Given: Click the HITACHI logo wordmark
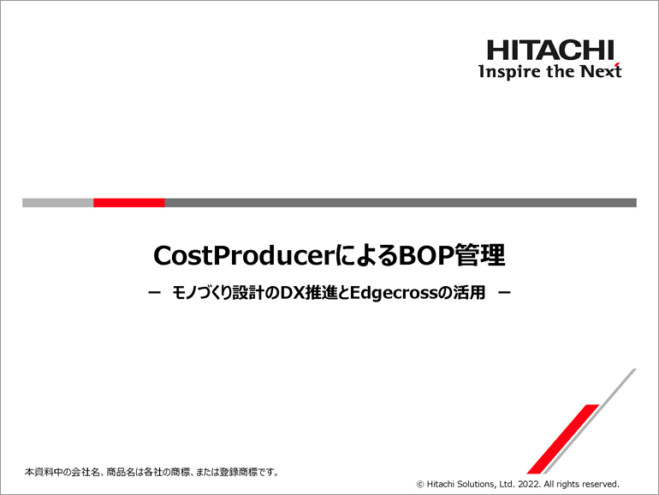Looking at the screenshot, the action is pos(550,50).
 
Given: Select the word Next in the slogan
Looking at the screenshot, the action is pos(601,71).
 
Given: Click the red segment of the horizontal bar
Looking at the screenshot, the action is pos(129,203).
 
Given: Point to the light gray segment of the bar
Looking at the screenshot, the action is pos(58,203).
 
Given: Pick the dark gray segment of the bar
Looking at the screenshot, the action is pos(401,203).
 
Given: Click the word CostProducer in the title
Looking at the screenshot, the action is pos(244,255).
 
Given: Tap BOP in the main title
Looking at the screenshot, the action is pos(426,255).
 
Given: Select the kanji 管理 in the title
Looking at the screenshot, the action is pos(480,255).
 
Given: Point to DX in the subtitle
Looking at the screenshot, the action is pos(292,293).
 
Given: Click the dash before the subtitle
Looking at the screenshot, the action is pos(155,293).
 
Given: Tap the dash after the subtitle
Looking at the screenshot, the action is pos(504,293).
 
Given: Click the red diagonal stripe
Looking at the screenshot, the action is pos(563,439).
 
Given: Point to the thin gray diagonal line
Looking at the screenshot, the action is pos(590,421).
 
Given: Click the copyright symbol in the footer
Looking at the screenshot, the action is pos(420,485).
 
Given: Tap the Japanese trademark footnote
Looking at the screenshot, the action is pos(151,472).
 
